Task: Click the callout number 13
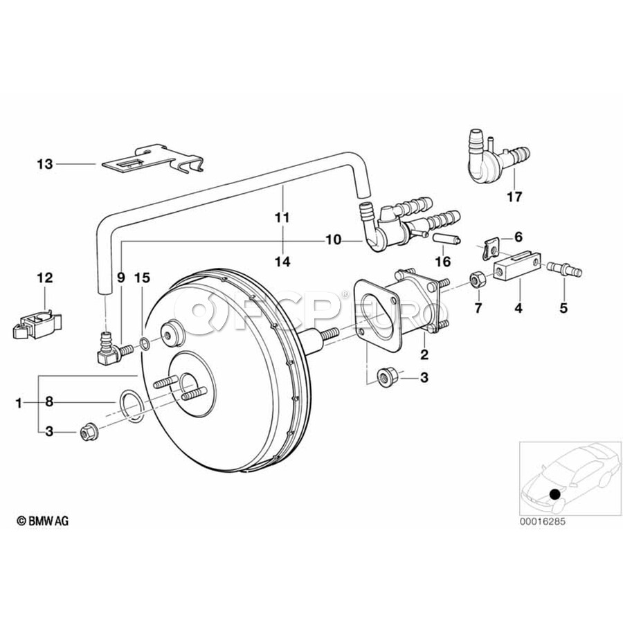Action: pos(45,163)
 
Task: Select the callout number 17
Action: pos(514,197)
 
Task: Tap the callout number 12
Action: pos(45,278)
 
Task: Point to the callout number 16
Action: pos(443,262)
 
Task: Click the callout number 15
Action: pos(142,278)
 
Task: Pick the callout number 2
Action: pos(424,354)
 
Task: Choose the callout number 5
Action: pos(563,307)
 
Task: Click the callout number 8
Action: pos(49,402)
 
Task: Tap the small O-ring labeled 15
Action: pos(145,344)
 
